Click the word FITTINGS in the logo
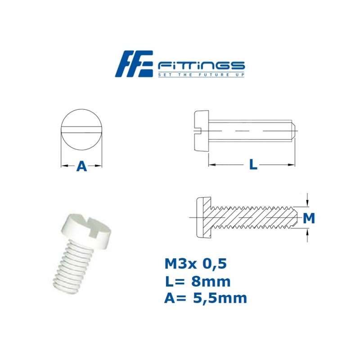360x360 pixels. click(x=201, y=65)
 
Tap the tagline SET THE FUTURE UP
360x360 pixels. click(x=201, y=75)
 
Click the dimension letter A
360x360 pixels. click(x=81, y=166)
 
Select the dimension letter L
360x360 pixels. click(x=253, y=165)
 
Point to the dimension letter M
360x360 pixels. click(x=308, y=219)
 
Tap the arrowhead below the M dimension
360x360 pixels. click(x=308, y=233)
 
